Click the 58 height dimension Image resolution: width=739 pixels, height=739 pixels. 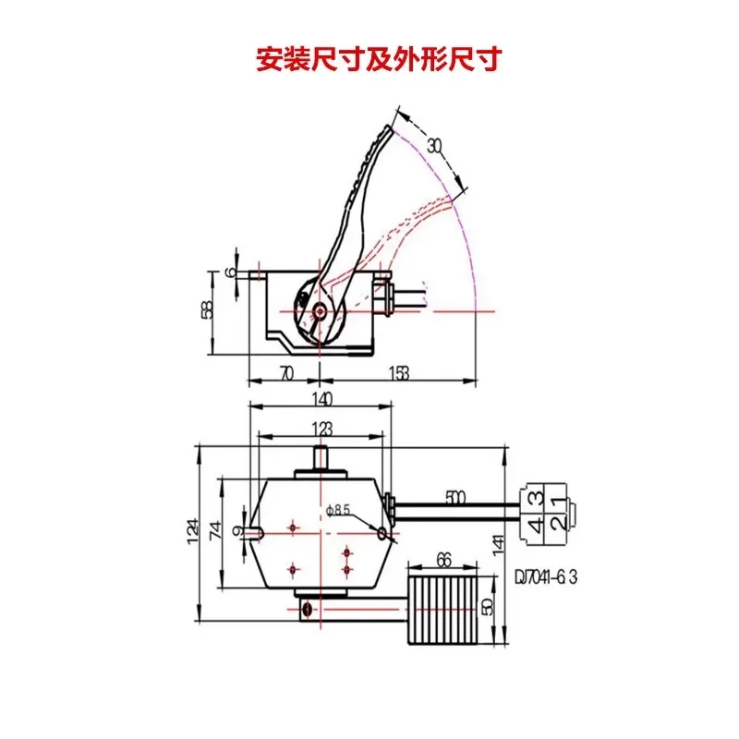[207, 309]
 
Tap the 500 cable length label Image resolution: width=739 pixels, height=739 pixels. [454, 498]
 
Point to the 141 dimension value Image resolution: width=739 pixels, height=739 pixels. [500, 545]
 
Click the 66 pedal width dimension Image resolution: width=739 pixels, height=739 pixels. [442, 558]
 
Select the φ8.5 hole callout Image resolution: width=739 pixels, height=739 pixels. [340, 509]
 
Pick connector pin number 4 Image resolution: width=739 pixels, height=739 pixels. [536, 527]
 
